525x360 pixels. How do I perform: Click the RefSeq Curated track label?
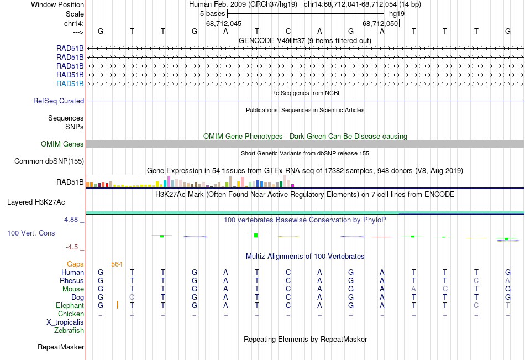(x=59, y=101)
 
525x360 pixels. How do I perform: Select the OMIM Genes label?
(x=62, y=144)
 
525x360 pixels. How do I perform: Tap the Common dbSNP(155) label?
(x=49, y=161)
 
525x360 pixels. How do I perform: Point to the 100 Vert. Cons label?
(x=31, y=233)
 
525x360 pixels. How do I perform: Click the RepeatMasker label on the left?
(x=61, y=347)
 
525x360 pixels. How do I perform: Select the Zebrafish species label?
(x=69, y=331)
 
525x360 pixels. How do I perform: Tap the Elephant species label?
(x=70, y=306)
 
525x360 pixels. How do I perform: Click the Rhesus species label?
(x=72, y=281)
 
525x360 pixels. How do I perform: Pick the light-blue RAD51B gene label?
(x=70, y=84)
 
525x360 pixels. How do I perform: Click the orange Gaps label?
(x=75, y=264)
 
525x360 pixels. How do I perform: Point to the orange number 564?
(x=117, y=264)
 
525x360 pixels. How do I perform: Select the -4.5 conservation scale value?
(x=73, y=247)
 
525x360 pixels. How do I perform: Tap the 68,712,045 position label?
(x=224, y=24)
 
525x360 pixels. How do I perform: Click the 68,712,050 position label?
(x=380, y=24)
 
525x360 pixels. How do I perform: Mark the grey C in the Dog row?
(x=132, y=298)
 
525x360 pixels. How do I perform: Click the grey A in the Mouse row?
(x=413, y=289)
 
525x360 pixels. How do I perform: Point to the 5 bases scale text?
(x=209, y=13)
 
